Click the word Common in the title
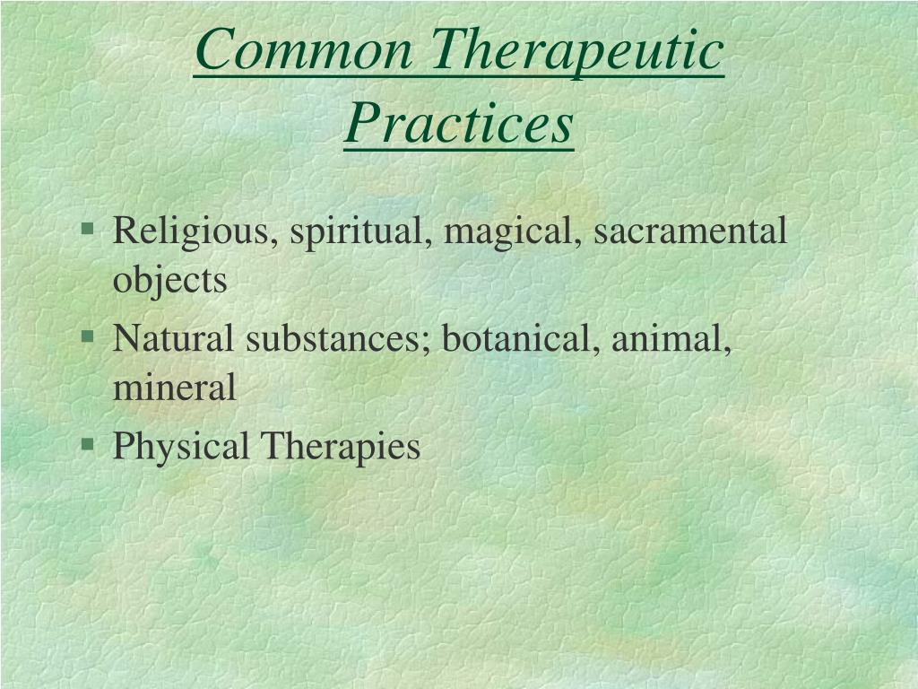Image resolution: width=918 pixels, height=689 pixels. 304,49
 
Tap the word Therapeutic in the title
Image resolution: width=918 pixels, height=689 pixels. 577,52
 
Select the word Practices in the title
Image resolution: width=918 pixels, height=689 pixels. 458,123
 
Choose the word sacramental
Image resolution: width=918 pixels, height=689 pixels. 690,231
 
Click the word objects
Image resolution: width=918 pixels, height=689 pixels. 169,281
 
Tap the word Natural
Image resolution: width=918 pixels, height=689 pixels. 173,338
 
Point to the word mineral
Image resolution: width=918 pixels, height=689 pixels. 175,388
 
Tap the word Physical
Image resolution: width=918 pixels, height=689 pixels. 181,447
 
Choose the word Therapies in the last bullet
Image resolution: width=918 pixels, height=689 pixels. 340,447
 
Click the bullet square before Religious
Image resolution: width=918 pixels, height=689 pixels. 88,228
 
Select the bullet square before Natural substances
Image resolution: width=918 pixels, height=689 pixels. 88,336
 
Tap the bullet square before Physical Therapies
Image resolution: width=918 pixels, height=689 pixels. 88,443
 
